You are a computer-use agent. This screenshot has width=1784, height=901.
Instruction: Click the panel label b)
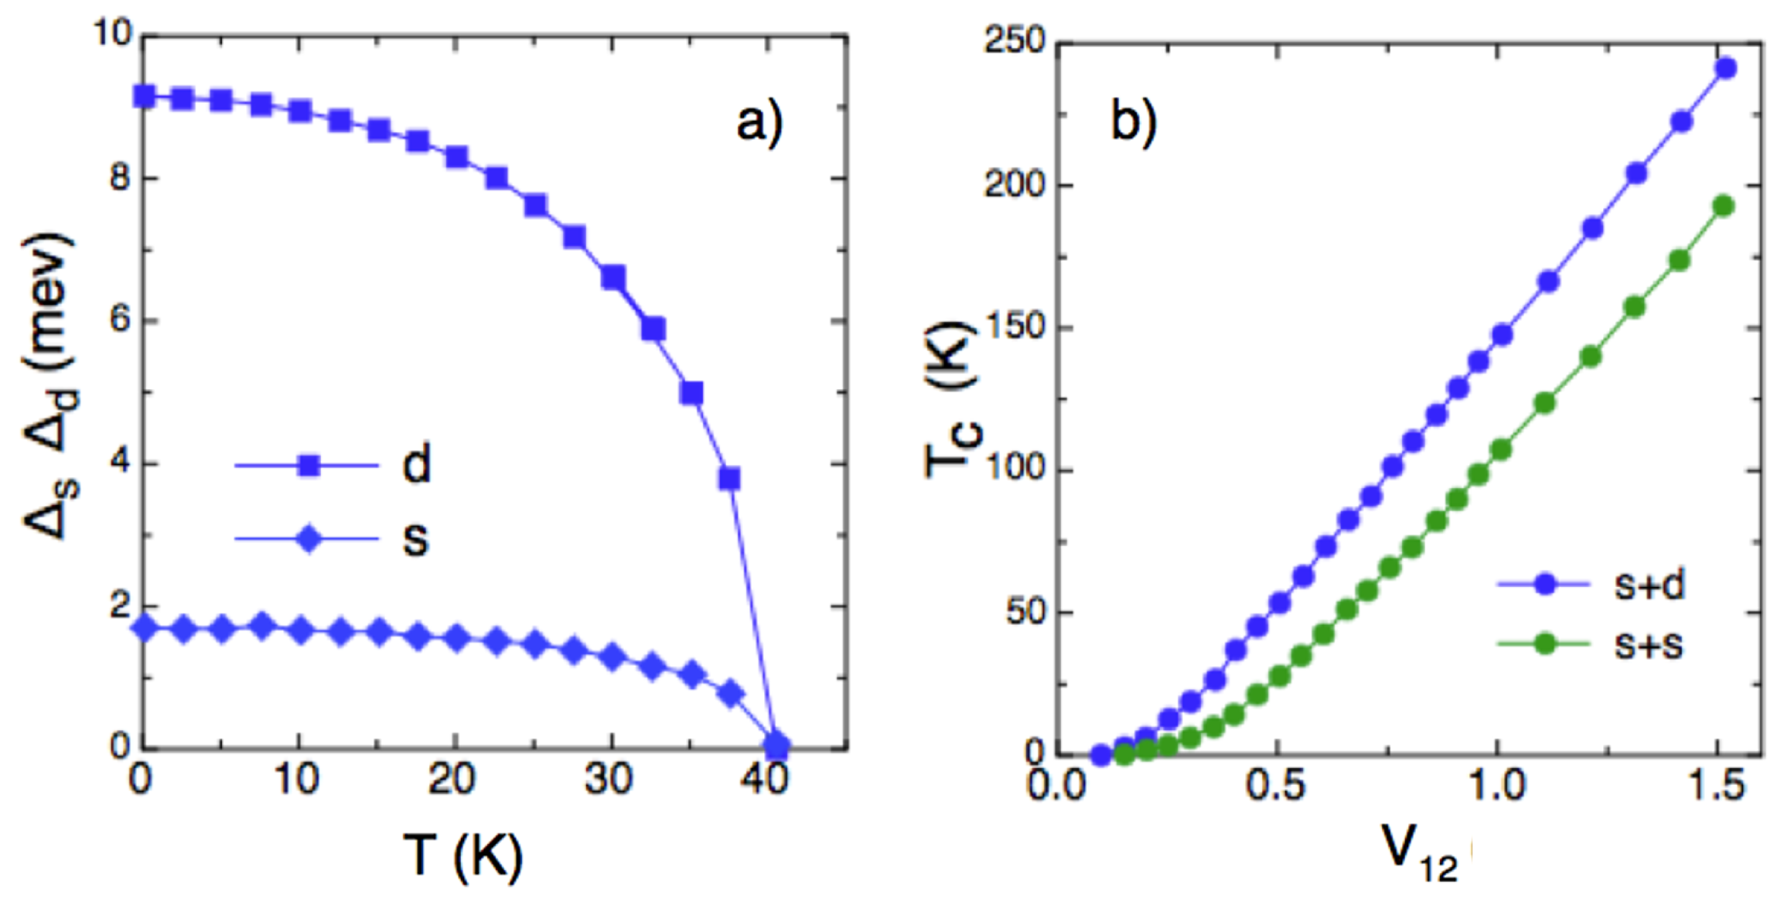click(x=1133, y=122)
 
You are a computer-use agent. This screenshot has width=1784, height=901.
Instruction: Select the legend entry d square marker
click(x=309, y=466)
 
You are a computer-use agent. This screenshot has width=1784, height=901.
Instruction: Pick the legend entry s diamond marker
click(x=309, y=538)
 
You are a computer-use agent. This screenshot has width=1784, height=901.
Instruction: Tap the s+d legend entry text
click(x=1649, y=585)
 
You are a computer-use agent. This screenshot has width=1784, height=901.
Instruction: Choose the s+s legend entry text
click(x=1649, y=644)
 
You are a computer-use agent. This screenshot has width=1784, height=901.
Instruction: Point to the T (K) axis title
click(x=462, y=856)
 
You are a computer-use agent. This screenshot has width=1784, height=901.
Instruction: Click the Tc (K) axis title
click(x=953, y=398)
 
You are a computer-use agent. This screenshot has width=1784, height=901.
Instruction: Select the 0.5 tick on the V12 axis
click(x=1275, y=786)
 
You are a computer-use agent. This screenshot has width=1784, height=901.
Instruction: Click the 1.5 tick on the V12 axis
click(x=1717, y=786)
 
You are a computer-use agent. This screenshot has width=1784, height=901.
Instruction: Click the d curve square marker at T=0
click(x=145, y=97)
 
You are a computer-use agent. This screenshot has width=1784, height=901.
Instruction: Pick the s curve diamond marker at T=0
click(x=145, y=628)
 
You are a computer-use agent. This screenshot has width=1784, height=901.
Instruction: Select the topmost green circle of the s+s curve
click(x=1724, y=206)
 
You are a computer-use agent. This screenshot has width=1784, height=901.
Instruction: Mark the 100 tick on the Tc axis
click(x=1015, y=469)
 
